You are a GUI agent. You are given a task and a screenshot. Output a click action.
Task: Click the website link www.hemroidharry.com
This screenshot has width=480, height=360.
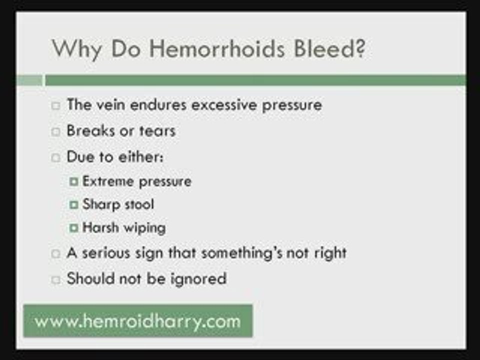(x=137, y=320)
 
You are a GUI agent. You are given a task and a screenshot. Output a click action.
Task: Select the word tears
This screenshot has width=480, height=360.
(x=157, y=130)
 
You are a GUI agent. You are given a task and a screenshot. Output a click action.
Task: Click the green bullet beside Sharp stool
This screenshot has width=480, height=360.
(x=74, y=204)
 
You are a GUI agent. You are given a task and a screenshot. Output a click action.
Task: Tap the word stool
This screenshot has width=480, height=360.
(x=136, y=204)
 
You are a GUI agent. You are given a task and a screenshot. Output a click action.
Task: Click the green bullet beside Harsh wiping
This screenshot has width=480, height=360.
(x=74, y=228)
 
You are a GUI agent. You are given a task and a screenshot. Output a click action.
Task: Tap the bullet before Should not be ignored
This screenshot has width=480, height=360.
(x=56, y=279)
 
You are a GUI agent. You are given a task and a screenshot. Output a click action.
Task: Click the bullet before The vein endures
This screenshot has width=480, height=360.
(x=56, y=105)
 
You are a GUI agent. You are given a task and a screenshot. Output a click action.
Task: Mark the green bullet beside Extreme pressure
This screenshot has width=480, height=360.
(x=74, y=181)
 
